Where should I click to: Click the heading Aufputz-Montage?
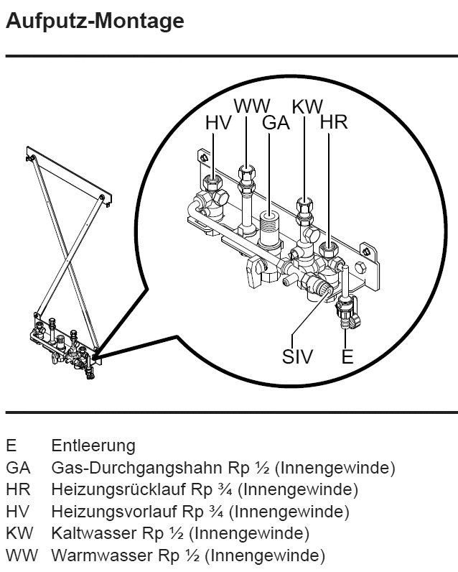click(94, 22)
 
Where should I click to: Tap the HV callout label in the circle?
click(218, 123)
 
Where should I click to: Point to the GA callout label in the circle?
click(276, 123)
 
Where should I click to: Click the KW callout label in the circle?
click(308, 106)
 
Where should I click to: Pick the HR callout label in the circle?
click(334, 122)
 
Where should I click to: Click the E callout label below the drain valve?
click(347, 356)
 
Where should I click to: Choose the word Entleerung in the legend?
click(93, 446)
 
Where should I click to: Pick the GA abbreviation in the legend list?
click(18, 469)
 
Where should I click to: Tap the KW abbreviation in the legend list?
click(18, 534)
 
